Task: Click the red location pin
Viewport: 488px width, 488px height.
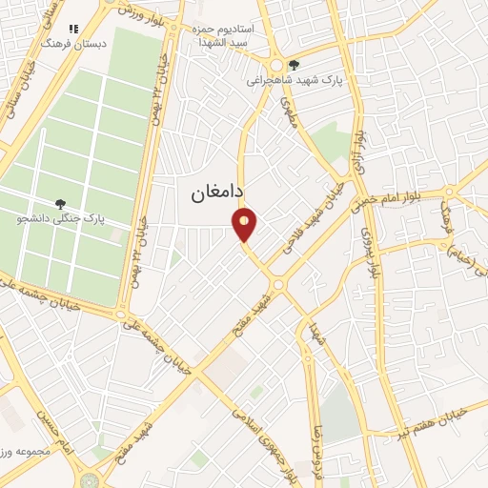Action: click(245, 225)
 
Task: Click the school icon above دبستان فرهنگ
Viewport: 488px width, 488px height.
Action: click(75, 29)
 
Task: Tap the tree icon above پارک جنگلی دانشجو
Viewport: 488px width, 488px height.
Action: click(61, 203)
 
